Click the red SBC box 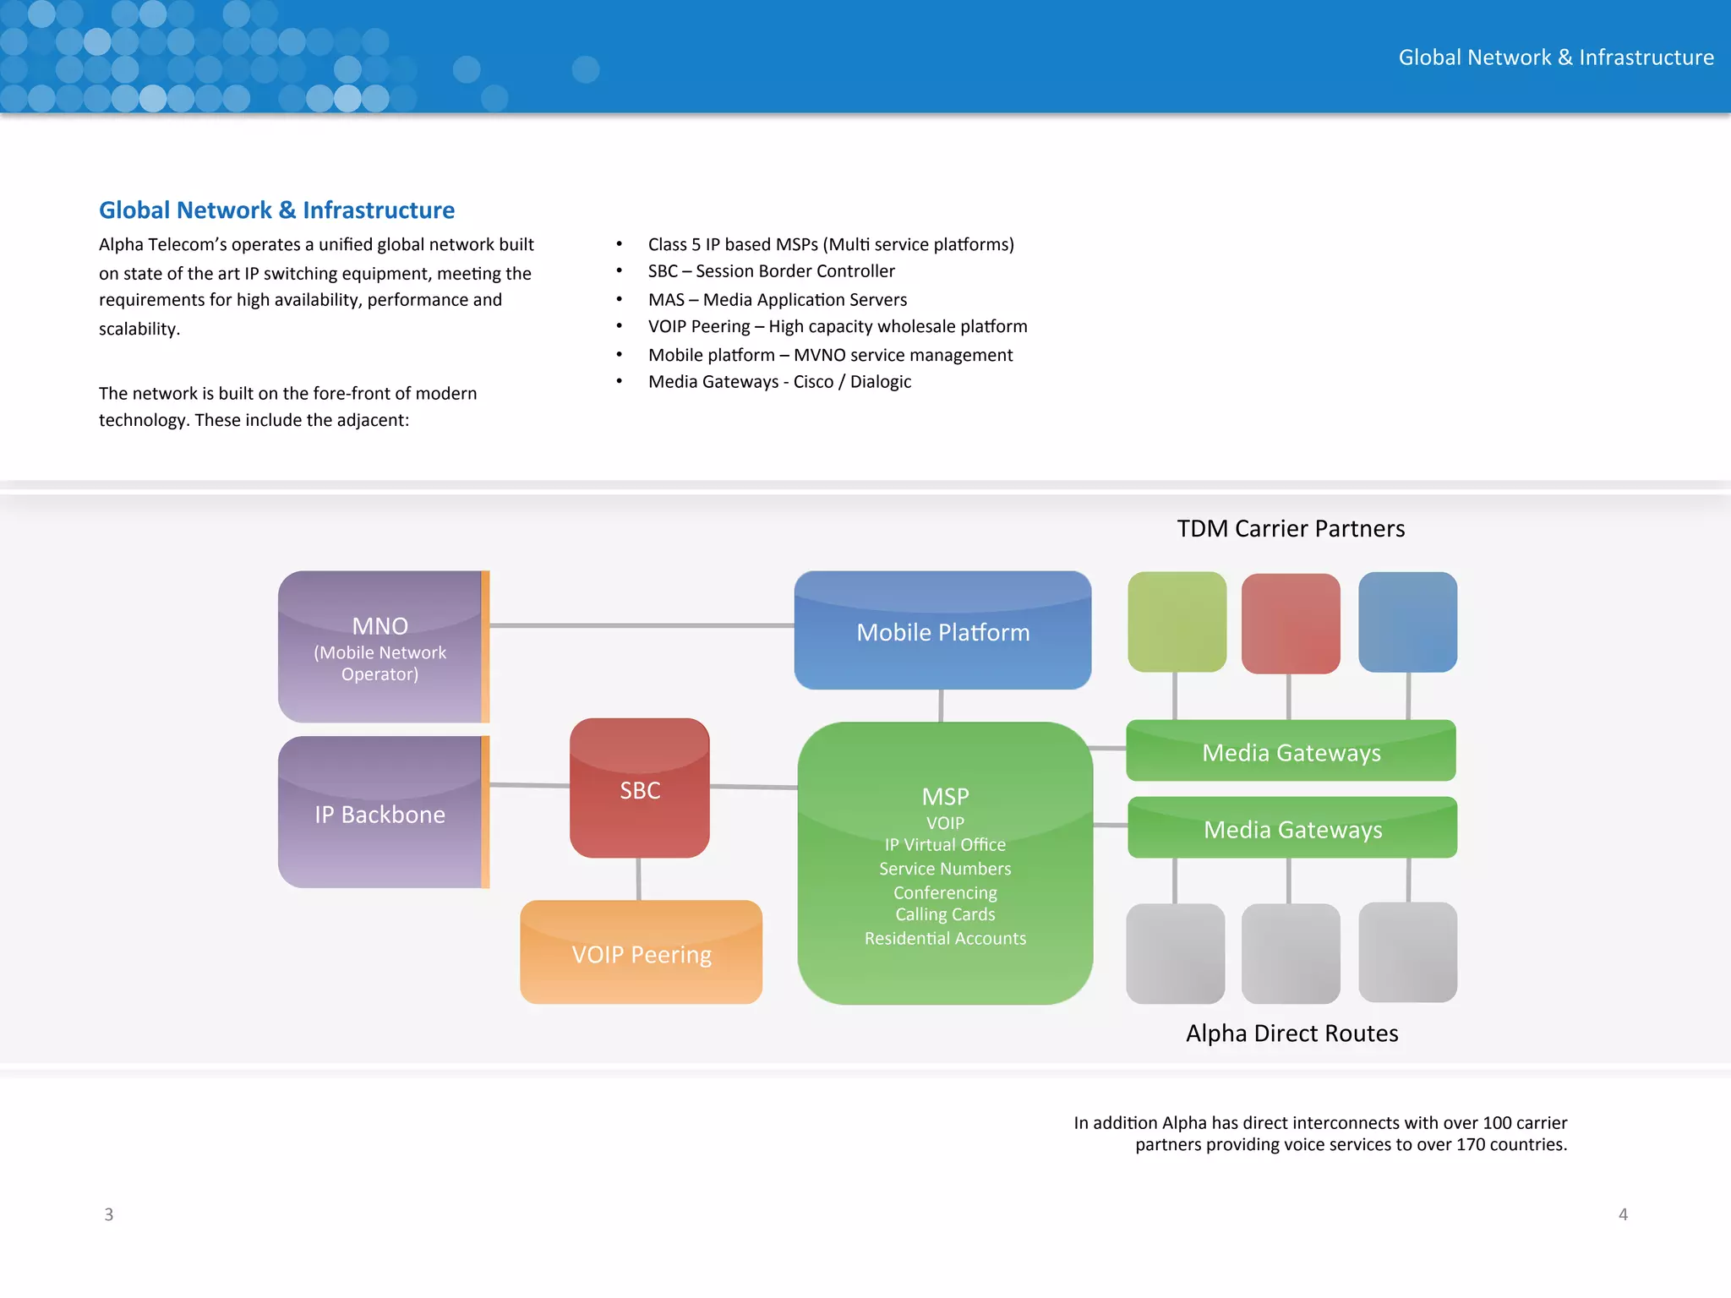click(640, 788)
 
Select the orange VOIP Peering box click(642, 953)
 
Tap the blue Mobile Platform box click(942, 631)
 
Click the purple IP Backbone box click(380, 813)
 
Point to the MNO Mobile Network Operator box click(380, 647)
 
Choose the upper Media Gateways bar click(1291, 751)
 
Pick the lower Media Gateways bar click(1292, 828)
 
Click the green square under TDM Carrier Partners click(1177, 622)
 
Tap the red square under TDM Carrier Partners click(1291, 624)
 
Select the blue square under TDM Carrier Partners click(1407, 622)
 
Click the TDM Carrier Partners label click(1291, 529)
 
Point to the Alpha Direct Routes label click(1291, 1033)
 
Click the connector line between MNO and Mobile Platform click(642, 625)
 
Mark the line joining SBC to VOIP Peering click(639, 879)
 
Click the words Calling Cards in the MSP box click(945, 914)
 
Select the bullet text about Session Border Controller click(771, 271)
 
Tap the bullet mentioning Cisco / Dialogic click(779, 382)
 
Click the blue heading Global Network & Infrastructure click(276, 210)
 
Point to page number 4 click(1623, 1214)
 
